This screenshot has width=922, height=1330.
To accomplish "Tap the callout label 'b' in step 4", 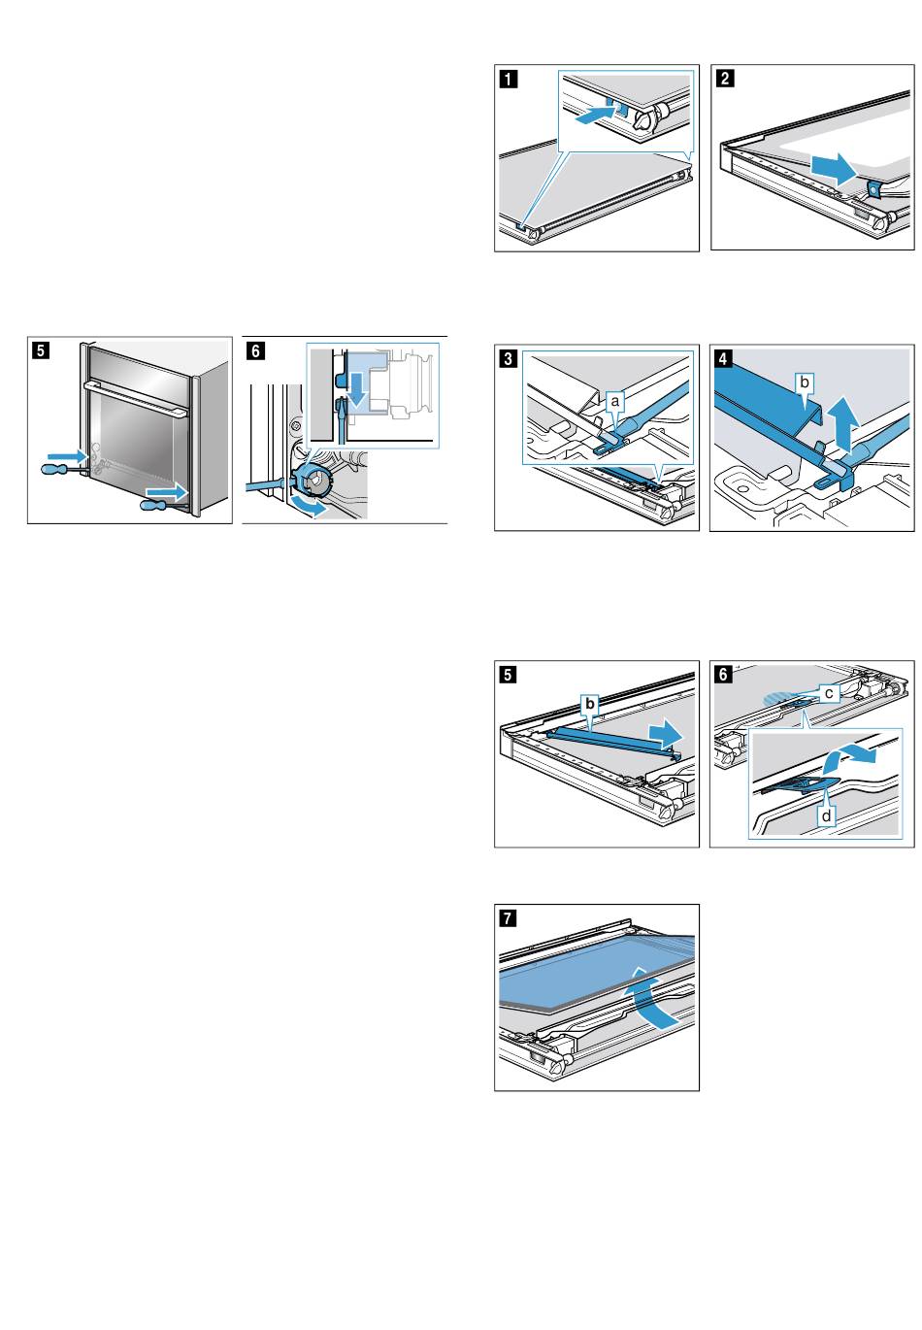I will [803, 383].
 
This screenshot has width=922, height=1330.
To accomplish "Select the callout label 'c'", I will [829, 692].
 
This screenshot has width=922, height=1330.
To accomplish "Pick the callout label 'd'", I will [826, 816].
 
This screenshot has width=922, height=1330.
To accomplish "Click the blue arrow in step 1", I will [594, 116].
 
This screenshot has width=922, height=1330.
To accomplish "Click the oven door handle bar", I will [136, 399].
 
